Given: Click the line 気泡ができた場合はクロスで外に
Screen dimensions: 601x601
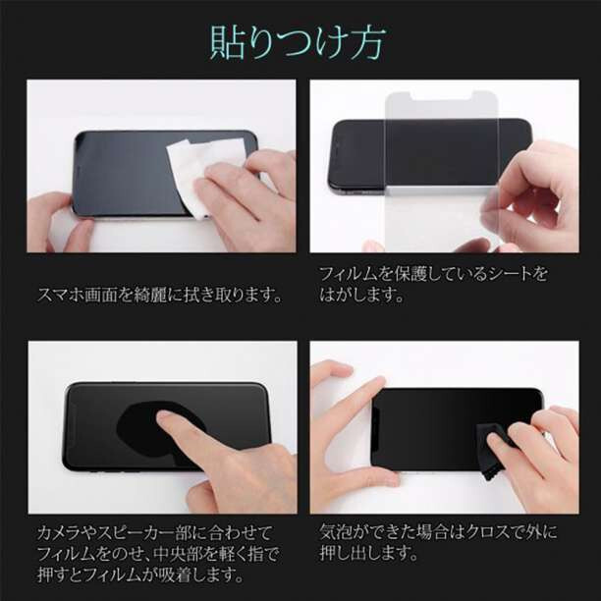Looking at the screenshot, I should pyautogui.click(x=438, y=532).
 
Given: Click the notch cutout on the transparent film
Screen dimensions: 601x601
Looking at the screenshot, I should pyautogui.click(x=442, y=98).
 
